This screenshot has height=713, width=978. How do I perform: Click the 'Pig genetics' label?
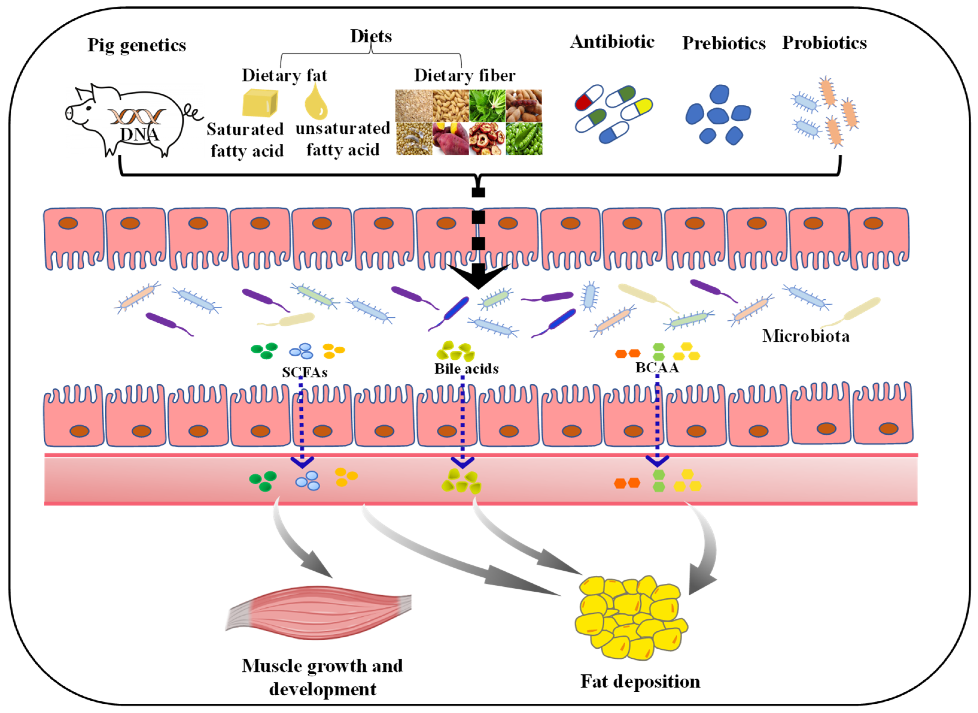pyautogui.click(x=137, y=45)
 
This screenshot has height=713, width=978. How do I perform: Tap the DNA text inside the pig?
pyautogui.click(x=139, y=134)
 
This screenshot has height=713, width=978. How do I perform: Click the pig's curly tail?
pyautogui.click(x=193, y=112)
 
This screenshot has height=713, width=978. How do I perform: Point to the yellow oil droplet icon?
pyautogui.click(x=316, y=103)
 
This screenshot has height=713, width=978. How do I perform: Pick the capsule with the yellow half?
pyautogui.click(x=637, y=109)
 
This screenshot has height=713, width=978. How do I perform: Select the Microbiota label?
pyautogui.click(x=805, y=336)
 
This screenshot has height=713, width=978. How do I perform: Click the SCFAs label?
pyautogui.click(x=304, y=372)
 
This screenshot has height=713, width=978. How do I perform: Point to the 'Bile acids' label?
pyautogui.click(x=466, y=368)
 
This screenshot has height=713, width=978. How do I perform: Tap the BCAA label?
pyautogui.click(x=657, y=368)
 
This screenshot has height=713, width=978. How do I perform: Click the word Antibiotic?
pyautogui.click(x=612, y=42)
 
